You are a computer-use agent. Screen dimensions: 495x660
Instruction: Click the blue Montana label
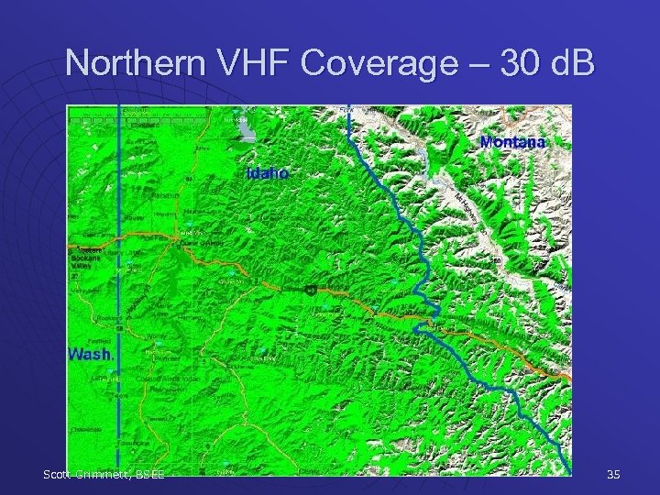(x=512, y=142)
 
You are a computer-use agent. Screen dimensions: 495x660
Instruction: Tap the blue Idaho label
(x=268, y=172)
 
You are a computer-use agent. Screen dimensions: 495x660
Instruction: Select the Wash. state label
(x=92, y=354)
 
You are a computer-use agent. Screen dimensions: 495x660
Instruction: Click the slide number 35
(x=613, y=474)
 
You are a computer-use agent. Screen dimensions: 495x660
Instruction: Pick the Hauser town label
(x=136, y=217)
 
